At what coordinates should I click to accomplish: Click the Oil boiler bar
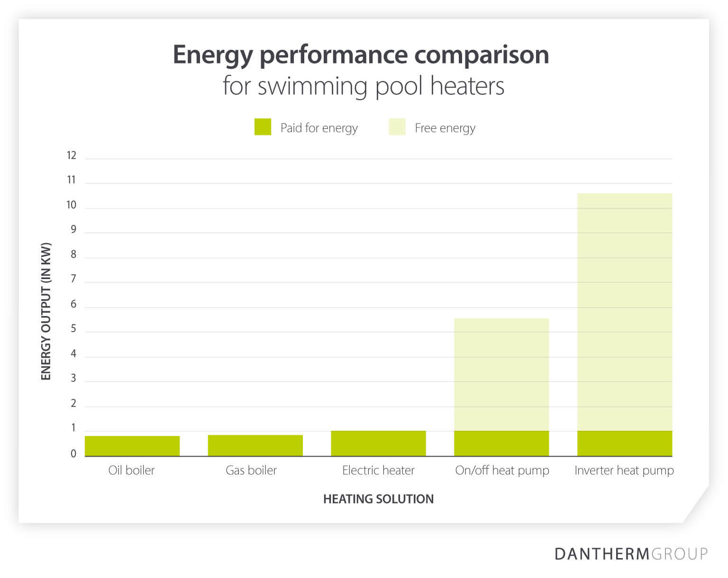132,446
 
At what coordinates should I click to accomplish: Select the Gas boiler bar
255,445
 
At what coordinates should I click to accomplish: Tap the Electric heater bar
378,443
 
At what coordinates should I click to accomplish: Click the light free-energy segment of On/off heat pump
501,374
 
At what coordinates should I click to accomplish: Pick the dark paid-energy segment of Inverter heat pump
624,443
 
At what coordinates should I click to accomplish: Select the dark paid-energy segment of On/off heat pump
501,443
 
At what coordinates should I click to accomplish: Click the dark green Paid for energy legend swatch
263,127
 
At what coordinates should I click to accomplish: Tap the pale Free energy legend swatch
397,127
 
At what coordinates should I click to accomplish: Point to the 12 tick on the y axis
72,155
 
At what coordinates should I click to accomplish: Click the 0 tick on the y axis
73,454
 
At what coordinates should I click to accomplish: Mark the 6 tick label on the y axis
73,304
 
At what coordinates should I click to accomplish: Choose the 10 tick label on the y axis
72,205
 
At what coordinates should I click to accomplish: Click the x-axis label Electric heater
378,470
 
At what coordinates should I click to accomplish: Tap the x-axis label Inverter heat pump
624,470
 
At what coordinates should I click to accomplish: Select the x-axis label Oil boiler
131,470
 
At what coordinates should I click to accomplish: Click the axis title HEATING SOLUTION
378,499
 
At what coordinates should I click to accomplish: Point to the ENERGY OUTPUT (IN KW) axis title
46,311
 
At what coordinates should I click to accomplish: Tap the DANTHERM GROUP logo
631,553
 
